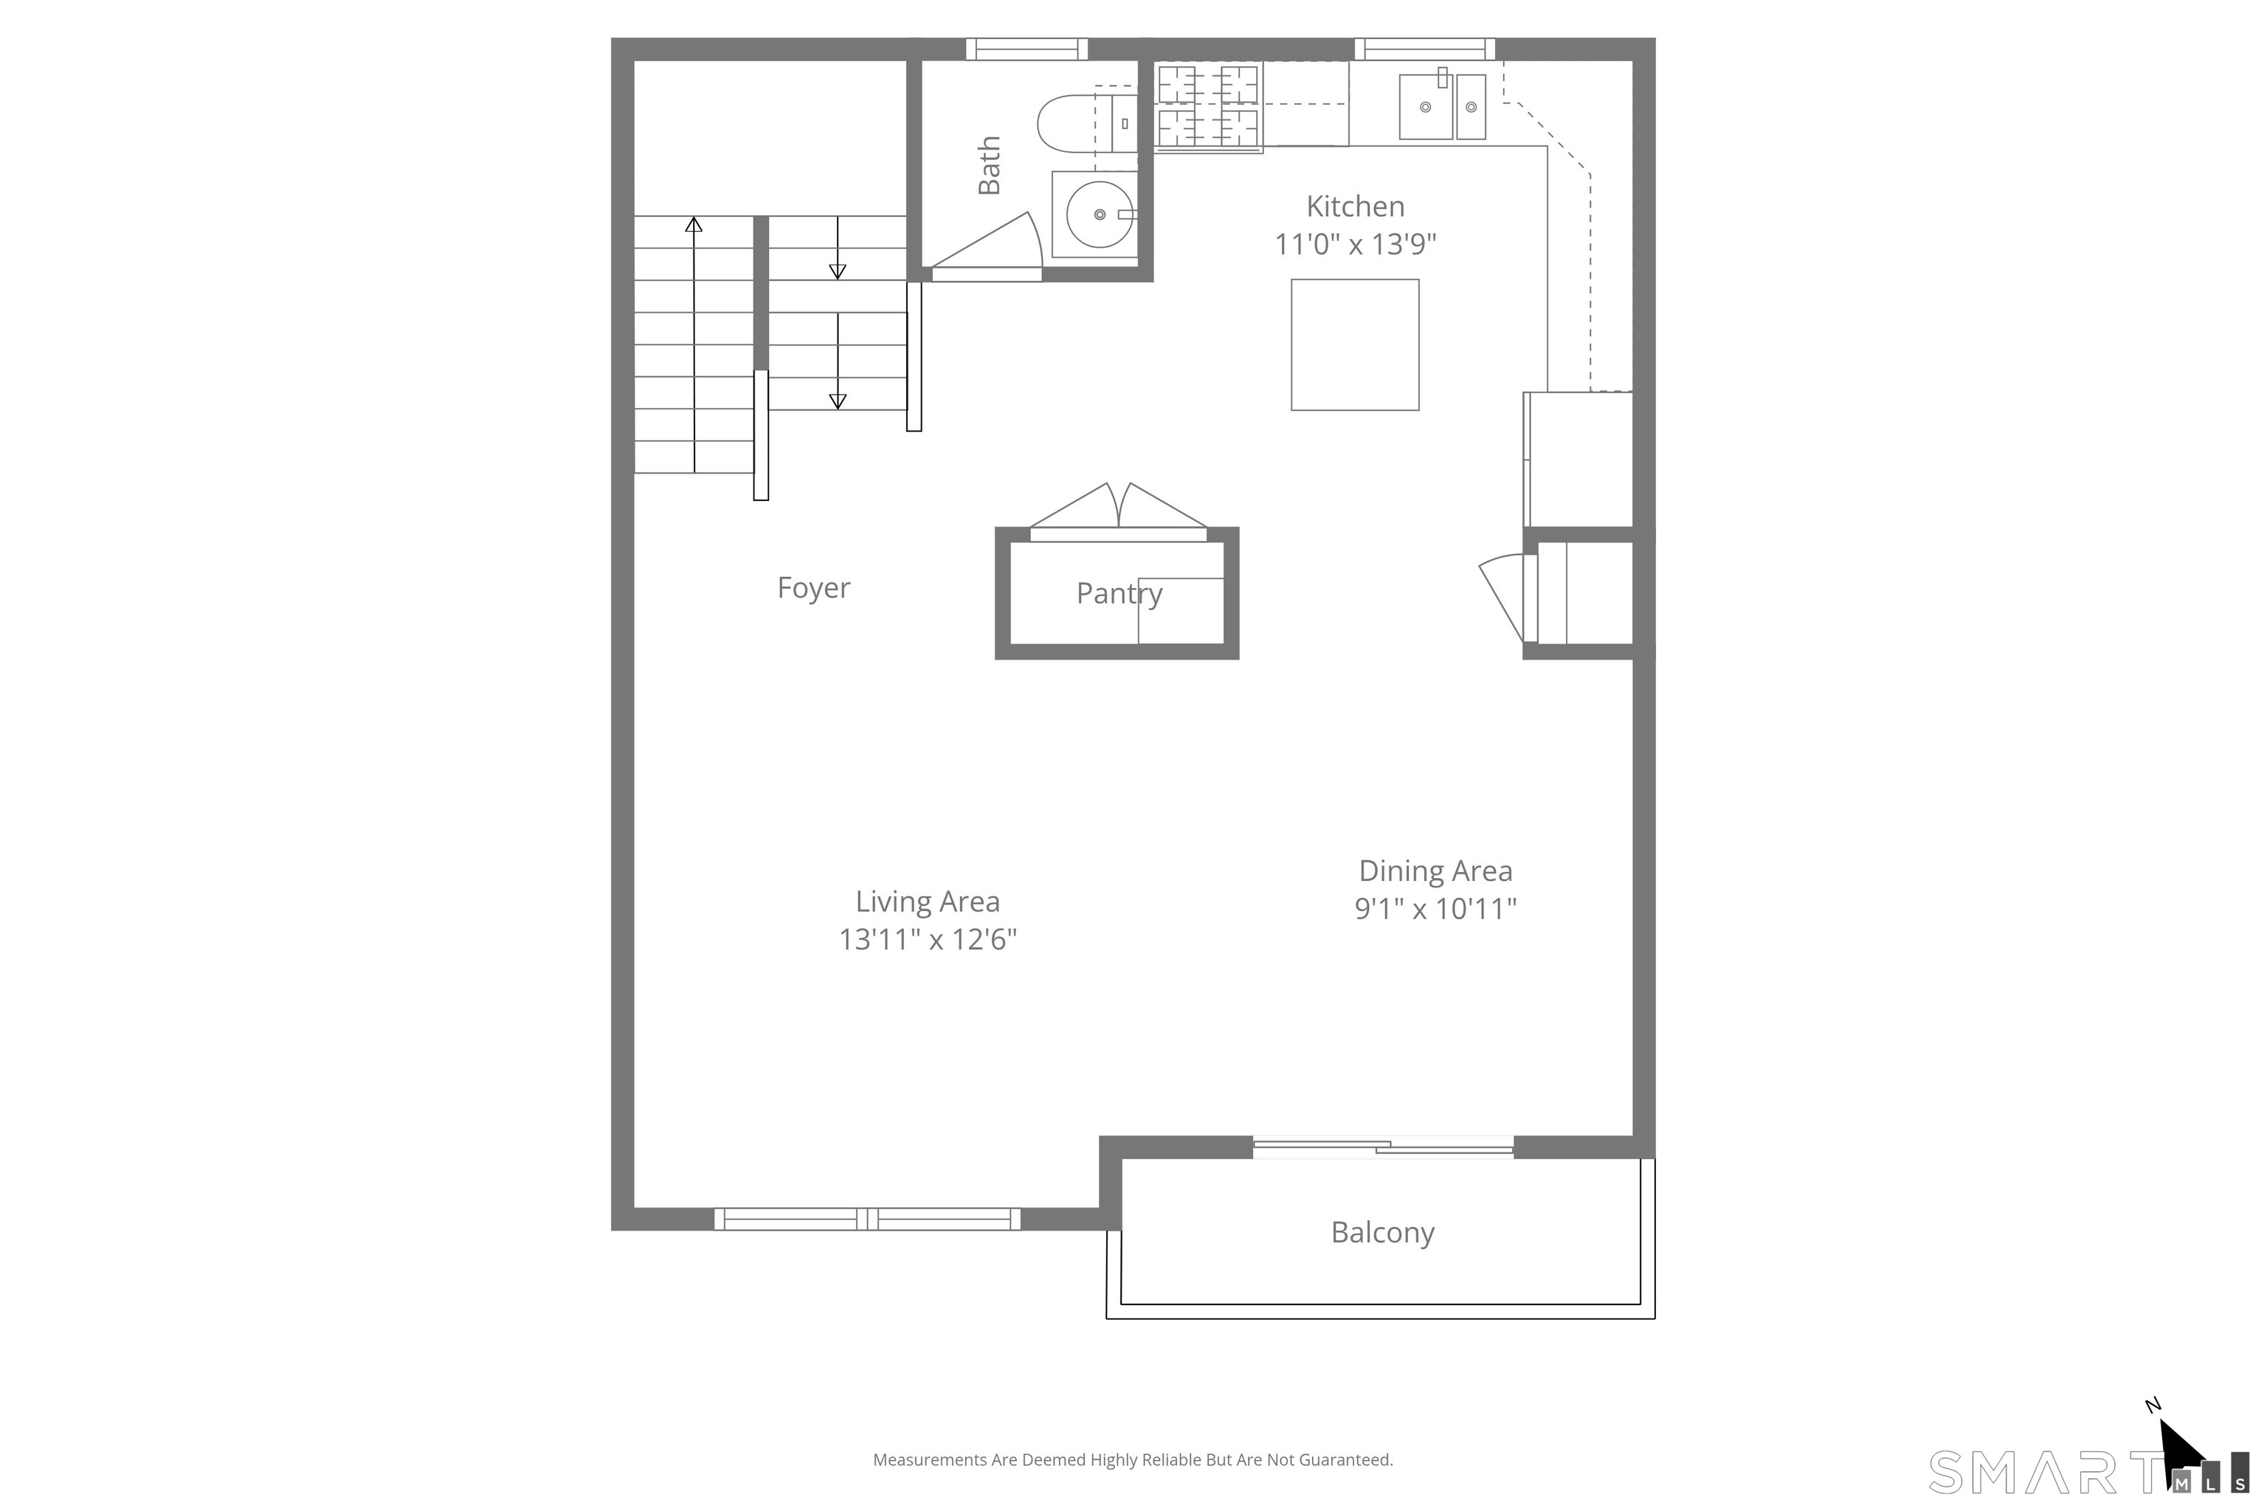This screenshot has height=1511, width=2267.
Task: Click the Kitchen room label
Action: tap(1354, 207)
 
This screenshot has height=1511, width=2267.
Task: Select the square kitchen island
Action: tap(1354, 345)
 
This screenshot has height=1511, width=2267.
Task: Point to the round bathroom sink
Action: tap(1099, 214)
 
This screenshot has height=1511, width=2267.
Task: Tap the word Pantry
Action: tap(1119, 594)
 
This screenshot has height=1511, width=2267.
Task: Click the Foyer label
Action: tap(813, 588)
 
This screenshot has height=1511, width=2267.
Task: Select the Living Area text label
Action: tap(927, 901)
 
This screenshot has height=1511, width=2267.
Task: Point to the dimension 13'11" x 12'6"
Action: tap(927, 939)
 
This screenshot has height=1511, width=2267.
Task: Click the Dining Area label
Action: tap(1435, 871)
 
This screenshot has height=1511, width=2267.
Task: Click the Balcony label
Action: tap(1382, 1233)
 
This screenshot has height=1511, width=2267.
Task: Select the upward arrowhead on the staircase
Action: tap(693, 224)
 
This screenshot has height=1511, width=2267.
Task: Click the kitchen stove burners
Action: tap(1208, 106)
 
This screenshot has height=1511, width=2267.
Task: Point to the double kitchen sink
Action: tap(1442, 106)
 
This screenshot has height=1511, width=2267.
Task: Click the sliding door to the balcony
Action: tap(1382, 1147)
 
